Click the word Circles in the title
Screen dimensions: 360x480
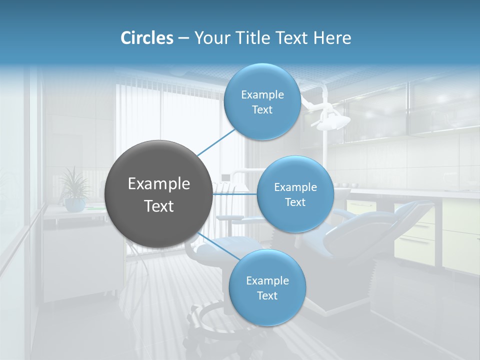click(x=147, y=38)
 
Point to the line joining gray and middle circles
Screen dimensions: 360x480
click(x=235, y=194)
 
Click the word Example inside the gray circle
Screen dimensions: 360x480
click(x=159, y=184)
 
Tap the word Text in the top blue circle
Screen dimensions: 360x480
click(x=262, y=110)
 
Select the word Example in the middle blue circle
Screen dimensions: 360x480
click(x=295, y=187)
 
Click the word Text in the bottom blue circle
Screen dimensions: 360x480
click(x=267, y=296)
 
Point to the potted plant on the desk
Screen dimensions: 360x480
click(x=75, y=190)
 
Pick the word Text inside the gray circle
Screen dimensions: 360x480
click(x=159, y=206)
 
